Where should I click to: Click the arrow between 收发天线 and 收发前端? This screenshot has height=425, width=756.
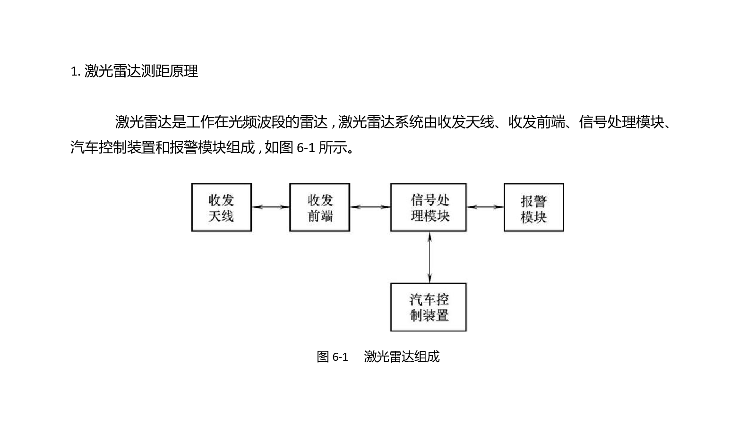tap(271, 207)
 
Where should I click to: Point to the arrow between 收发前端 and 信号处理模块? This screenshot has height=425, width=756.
tap(370, 207)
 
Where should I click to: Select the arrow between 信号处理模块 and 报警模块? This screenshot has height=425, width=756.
tap(485, 207)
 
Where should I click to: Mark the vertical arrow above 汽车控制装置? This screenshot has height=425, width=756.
tap(430, 257)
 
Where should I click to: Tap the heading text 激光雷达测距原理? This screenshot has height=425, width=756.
tap(141, 71)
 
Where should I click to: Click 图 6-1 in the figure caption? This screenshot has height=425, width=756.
tap(332, 357)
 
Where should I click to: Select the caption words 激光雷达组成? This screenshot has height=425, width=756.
tap(402, 357)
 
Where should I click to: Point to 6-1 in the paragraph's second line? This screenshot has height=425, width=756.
tap(305, 148)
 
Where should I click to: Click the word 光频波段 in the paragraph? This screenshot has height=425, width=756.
tap(257, 122)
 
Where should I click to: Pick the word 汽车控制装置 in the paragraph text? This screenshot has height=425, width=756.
tap(113, 147)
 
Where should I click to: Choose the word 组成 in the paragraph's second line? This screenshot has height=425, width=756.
tap(241, 147)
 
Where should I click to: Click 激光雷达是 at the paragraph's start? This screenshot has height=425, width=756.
tap(150, 122)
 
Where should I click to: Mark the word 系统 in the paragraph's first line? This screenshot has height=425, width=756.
tap(409, 122)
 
